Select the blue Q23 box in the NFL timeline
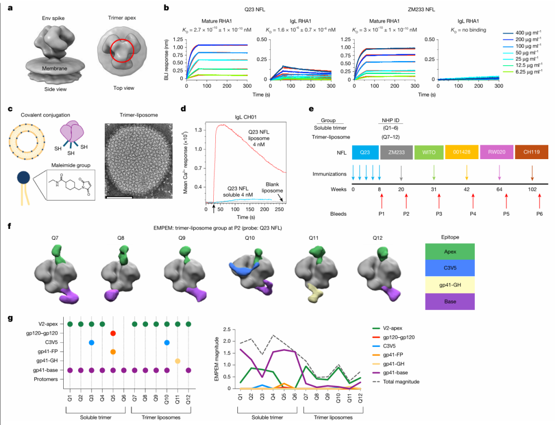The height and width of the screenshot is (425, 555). (365, 152)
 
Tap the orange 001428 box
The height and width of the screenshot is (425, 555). (461, 152)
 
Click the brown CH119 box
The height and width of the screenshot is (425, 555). (532, 152)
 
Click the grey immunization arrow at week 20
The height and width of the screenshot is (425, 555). (401, 173)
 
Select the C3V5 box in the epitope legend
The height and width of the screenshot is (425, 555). (450, 268)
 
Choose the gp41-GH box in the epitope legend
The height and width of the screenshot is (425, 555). (450, 285)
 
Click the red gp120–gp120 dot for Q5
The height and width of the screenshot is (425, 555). (113, 333)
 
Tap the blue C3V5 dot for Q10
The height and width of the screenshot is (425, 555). (166, 342)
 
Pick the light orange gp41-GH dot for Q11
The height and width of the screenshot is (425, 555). (178, 361)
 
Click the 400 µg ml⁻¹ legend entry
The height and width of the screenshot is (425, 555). (522, 33)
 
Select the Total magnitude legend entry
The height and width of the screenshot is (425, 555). (396, 382)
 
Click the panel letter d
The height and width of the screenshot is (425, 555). (183, 108)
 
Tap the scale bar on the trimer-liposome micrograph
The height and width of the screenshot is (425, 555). (119, 197)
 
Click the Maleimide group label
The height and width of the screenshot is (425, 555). (71, 165)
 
